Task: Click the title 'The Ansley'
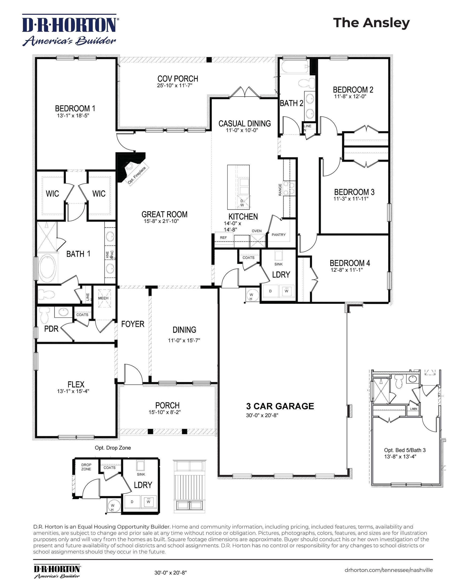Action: click(371, 23)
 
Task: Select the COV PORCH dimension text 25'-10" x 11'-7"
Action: click(175, 86)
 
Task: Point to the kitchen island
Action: click(238, 187)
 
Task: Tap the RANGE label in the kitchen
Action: click(280, 189)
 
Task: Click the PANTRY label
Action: click(279, 235)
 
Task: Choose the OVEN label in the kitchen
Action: click(257, 231)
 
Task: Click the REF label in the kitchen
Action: click(223, 237)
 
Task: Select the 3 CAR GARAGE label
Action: click(280, 406)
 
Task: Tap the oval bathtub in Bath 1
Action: click(48, 267)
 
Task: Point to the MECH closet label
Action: click(103, 298)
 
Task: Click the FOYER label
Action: click(132, 324)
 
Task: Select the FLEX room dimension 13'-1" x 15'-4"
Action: click(73, 391)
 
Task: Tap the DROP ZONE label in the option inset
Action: click(86, 467)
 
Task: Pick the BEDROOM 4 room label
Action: click(350, 263)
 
